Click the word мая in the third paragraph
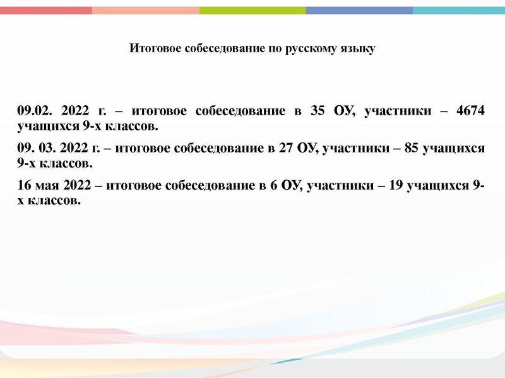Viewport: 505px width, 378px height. click(47, 186)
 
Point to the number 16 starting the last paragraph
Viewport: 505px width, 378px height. click(25, 186)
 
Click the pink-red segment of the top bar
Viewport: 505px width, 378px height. click(46, 10)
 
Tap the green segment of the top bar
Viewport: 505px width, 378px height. click(252, 10)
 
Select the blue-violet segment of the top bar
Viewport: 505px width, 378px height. click(359, 10)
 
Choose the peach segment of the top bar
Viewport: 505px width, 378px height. click(145, 10)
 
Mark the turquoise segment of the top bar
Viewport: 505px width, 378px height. click(459, 10)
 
